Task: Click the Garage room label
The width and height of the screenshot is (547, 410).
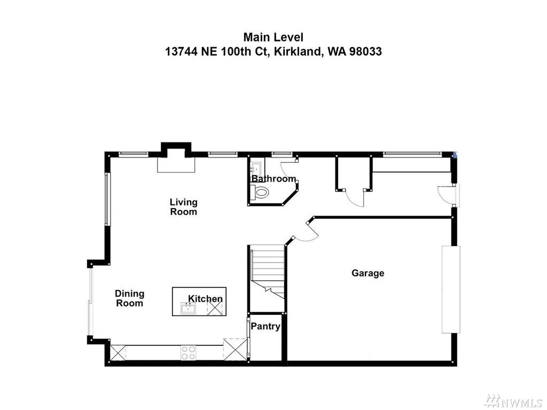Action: click(x=368, y=273)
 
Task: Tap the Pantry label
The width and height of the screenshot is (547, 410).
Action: click(x=265, y=326)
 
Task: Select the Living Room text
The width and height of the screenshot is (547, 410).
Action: click(x=184, y=207)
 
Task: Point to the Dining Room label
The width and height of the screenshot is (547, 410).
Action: click(x=129, y=298)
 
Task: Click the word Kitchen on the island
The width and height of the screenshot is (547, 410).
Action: click(x=205, y=299)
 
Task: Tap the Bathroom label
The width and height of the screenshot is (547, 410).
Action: click(x=274, y=179)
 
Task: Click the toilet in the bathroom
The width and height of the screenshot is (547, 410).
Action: click(x=260, y=192)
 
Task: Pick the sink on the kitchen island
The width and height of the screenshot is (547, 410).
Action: click(x=188, y=308)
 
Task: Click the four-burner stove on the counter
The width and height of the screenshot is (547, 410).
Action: click(x=188, y=352)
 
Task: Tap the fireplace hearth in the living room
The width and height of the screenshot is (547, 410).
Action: click(x=176, y=164)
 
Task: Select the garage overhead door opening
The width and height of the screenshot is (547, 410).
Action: click(x=451, y=289)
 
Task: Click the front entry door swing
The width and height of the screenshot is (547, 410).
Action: click(x=445, y=195)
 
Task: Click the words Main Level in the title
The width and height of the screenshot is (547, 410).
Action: click(x=273, y=37)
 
